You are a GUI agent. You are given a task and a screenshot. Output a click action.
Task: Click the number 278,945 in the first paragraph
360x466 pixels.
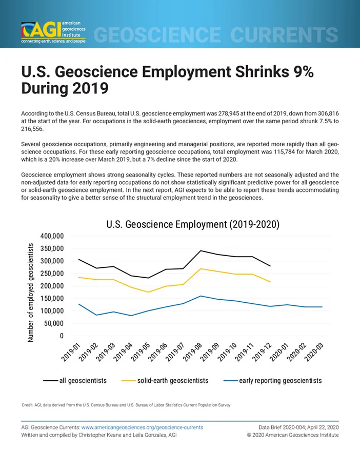228,113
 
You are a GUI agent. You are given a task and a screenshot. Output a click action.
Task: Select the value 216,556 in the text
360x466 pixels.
32,129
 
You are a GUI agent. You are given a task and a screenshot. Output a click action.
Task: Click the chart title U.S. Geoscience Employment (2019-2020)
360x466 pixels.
193,224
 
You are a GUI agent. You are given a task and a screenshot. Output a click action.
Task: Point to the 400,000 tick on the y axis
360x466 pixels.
52,236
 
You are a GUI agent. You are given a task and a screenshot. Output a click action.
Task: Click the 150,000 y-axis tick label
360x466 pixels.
52,298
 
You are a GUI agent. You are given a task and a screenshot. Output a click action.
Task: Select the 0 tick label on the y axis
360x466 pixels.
62,336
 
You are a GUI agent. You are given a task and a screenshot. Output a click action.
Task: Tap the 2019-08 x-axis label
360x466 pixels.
192,352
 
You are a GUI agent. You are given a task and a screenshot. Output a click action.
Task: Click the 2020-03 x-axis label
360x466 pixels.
314,352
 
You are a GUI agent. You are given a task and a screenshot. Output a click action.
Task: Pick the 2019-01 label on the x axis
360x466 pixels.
71,352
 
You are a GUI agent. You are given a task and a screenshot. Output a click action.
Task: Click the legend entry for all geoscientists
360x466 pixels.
75,381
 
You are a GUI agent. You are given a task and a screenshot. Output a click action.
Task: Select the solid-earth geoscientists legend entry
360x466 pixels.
165,381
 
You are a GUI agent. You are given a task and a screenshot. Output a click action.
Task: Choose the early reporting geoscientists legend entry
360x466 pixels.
273,381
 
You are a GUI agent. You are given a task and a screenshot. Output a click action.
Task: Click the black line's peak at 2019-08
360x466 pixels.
201,250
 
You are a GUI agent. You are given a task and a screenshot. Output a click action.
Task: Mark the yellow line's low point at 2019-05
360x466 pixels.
148,292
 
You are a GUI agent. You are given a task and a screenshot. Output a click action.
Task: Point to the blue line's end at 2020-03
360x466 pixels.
322,307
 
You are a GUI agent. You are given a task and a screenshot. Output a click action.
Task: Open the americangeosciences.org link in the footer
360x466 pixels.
142,428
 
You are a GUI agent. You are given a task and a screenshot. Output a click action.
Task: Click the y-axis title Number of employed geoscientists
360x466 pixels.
30,293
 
